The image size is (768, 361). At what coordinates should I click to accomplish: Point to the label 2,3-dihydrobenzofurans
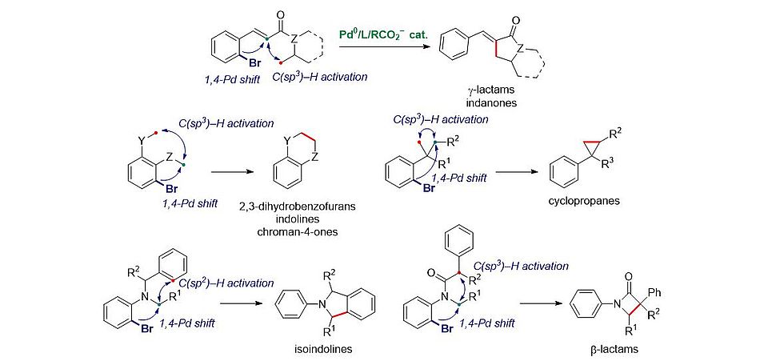pos(297,207)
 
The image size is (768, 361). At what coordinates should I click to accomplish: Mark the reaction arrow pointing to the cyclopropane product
pos(505,170)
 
